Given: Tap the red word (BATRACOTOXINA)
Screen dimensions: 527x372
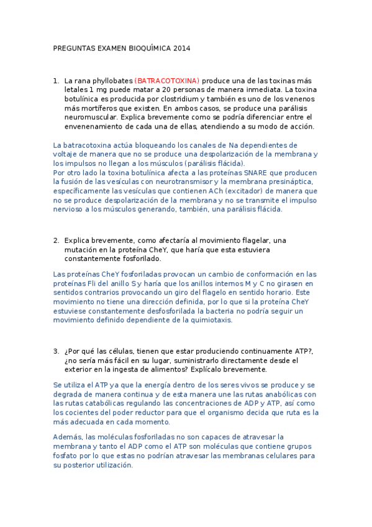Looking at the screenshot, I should coord(167,81).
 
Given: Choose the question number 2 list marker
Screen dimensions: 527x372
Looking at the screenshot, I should coord(56,240).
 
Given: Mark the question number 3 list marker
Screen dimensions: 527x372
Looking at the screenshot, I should coord(56,351).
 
